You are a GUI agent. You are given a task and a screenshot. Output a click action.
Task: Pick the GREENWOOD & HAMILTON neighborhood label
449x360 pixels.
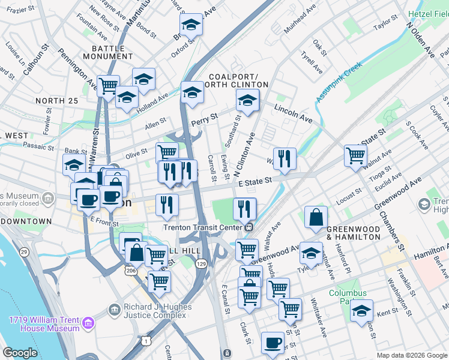[354, 233]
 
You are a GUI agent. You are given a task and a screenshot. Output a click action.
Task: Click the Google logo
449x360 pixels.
[20, 353]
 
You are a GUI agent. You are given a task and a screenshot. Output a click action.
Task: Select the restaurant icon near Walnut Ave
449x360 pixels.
[285, 158]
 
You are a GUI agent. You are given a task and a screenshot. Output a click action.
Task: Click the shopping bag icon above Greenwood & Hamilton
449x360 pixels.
[316, 218]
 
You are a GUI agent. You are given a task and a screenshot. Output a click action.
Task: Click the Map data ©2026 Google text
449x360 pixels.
[412, 355]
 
